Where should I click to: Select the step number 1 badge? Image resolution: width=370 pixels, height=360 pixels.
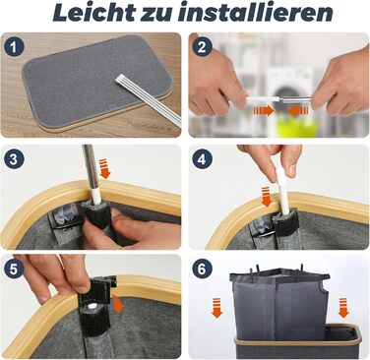pos(14,48)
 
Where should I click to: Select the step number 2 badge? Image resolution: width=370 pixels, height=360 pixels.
pos(202,47)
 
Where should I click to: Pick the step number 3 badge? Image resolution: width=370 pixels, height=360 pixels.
pos(14,160)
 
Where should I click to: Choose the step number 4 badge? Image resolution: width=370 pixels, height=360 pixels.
pos(202,159)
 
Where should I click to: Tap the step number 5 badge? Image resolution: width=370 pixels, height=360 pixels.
pos(14,270)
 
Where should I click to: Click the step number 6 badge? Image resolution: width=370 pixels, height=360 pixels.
pos(202,270)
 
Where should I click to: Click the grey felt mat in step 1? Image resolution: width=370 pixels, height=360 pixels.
pos(95,81)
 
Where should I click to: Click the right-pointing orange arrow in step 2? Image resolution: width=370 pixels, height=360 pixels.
pos(263,111)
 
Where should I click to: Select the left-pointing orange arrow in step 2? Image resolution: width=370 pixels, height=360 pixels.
pos(299,111)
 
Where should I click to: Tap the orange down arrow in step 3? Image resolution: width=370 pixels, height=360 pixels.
pos(105,168)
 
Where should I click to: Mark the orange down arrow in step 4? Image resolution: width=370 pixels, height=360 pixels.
pos(266,197)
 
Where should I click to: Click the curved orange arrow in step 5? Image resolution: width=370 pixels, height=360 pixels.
pos(117,303)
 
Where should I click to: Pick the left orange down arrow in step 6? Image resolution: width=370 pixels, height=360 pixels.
pos(216,308)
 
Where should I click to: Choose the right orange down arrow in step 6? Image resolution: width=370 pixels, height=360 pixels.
pos(343,308)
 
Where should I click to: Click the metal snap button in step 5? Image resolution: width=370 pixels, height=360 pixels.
pos(92,306)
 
